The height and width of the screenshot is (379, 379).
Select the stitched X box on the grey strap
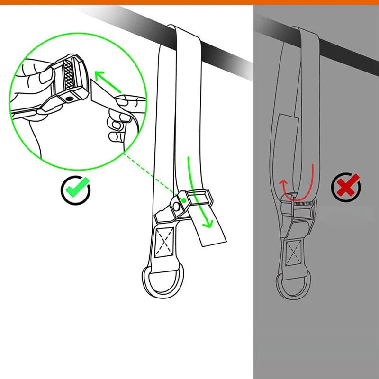[x=293, y=253]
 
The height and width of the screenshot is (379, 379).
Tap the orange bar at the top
[x=189, y=2]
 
